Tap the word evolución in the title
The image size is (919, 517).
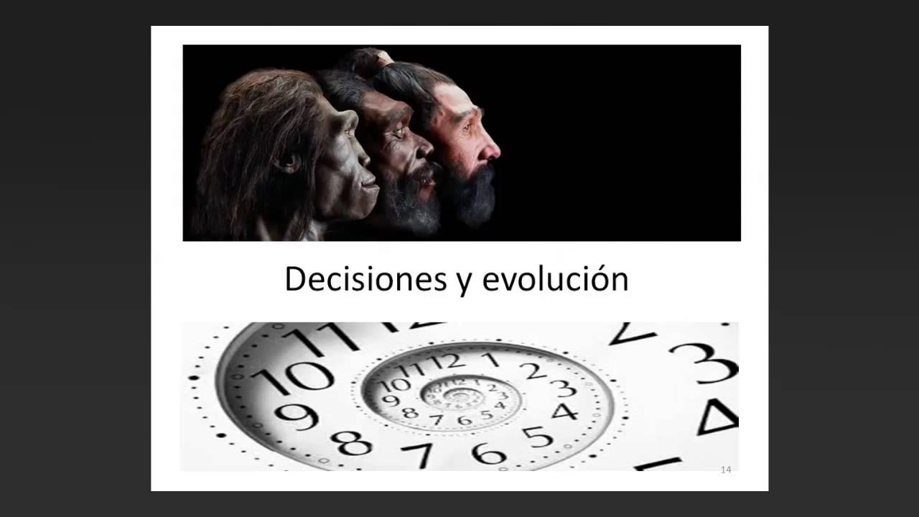point(555,279)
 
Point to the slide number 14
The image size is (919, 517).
point(725,470)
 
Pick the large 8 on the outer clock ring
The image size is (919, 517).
point(352,443)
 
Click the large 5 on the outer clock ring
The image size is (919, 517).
point(538,437)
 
